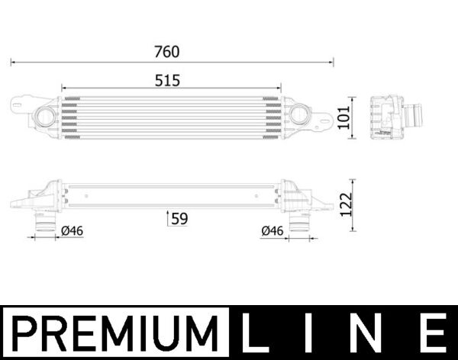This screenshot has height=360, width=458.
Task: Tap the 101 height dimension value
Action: point(353,117)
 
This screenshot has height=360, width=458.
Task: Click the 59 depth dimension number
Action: point(179,219)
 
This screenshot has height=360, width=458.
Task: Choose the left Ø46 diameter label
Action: point(71,230)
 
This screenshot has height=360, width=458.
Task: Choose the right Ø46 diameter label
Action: point(273,230)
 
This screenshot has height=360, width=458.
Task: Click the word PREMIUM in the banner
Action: point(115,334)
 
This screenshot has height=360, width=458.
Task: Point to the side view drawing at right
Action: point(393,117)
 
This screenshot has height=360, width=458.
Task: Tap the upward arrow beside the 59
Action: point(168,219)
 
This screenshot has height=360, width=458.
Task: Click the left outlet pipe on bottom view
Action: point(44,220)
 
